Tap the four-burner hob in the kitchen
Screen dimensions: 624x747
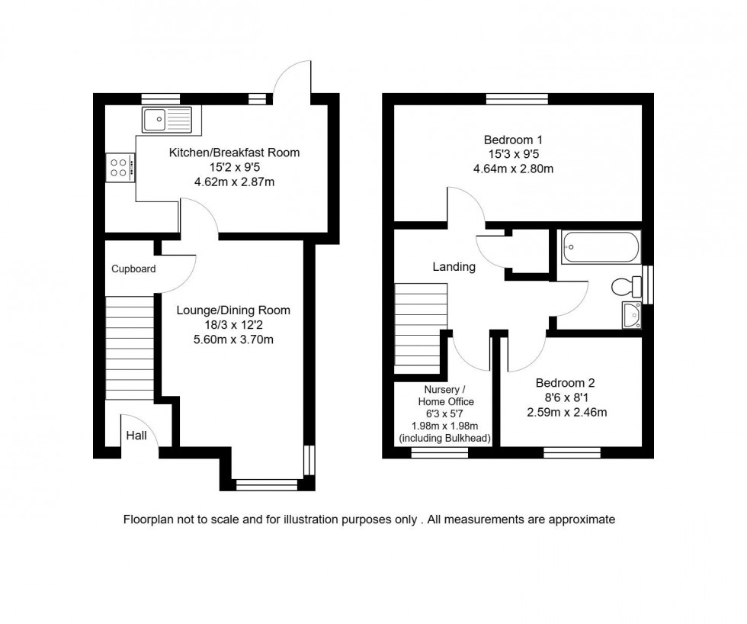coord(120,166)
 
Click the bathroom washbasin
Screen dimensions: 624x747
coord(632,314)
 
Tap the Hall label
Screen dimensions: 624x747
coord(136,436)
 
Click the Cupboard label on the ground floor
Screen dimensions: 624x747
coord(133,269)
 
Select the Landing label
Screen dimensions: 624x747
coord(454,267)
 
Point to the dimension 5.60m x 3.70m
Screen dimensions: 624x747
coord(233,339)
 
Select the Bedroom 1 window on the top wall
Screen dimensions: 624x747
coord(517,98)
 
